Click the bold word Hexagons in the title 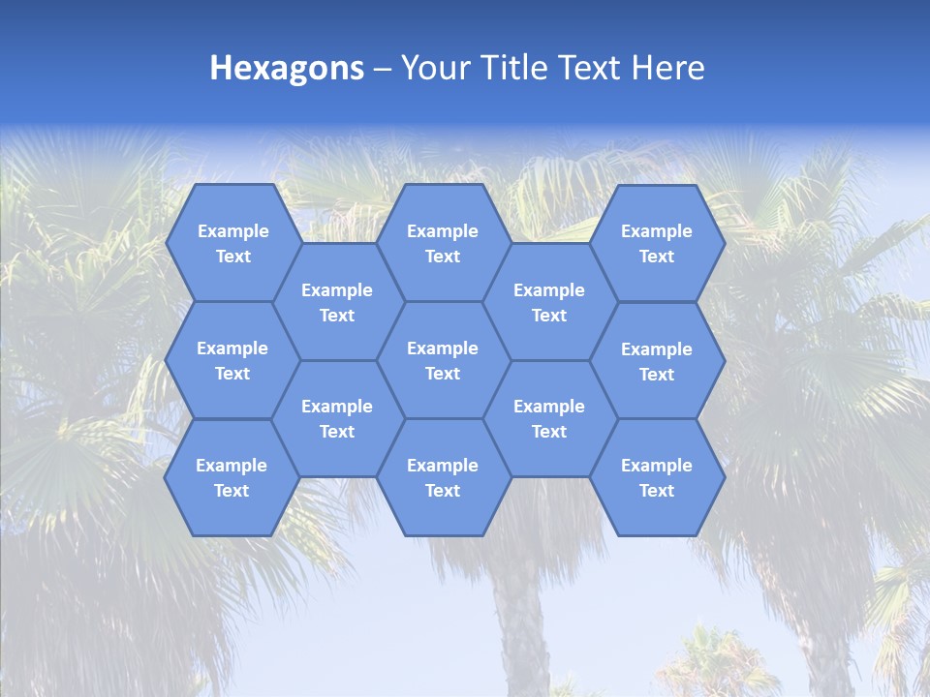287,68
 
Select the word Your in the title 431,68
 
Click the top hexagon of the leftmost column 232,243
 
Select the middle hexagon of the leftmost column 232,360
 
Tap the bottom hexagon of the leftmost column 232,477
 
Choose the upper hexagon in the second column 337,302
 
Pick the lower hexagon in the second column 337,418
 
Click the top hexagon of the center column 443,243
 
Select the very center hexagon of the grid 443,360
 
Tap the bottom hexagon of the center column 443,477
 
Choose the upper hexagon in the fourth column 549,302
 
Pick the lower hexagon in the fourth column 549,418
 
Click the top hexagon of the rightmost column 657,243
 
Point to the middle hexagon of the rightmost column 657,361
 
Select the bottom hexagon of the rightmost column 657,477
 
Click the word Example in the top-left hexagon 232,231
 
